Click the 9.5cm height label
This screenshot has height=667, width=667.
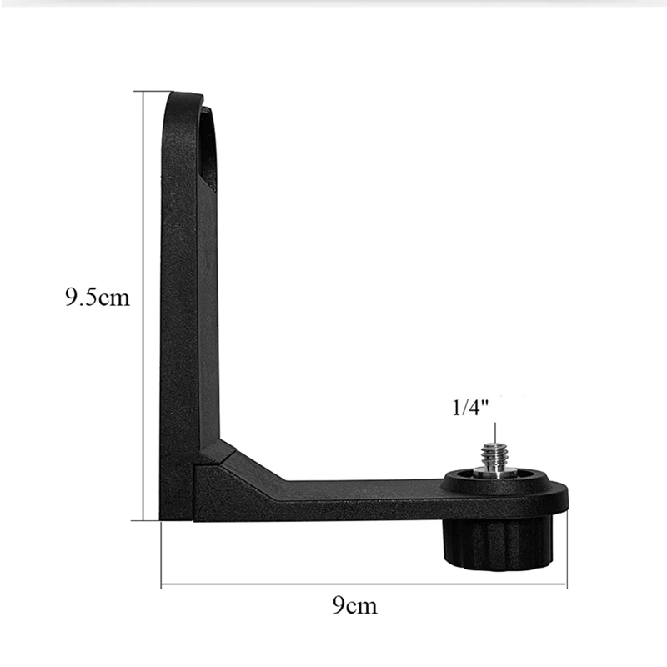coord(98,298)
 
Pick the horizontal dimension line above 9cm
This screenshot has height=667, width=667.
coord(364,584)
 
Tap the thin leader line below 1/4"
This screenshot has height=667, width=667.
coord(494,432)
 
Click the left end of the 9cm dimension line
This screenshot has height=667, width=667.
coord(161,584)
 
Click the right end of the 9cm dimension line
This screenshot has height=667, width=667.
coord(567,584)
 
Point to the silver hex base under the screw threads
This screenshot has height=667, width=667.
coord(494,472)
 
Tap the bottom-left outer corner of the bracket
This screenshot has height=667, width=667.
coord(162,519)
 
